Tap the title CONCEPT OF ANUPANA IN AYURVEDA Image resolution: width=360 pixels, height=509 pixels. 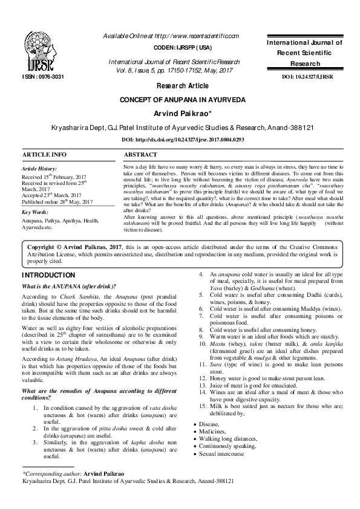point(180,99)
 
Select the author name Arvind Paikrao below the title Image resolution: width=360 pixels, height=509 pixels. point(179,113)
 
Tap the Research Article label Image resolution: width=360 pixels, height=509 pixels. point(180,86)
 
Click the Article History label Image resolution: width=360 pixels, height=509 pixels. point(40,169)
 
